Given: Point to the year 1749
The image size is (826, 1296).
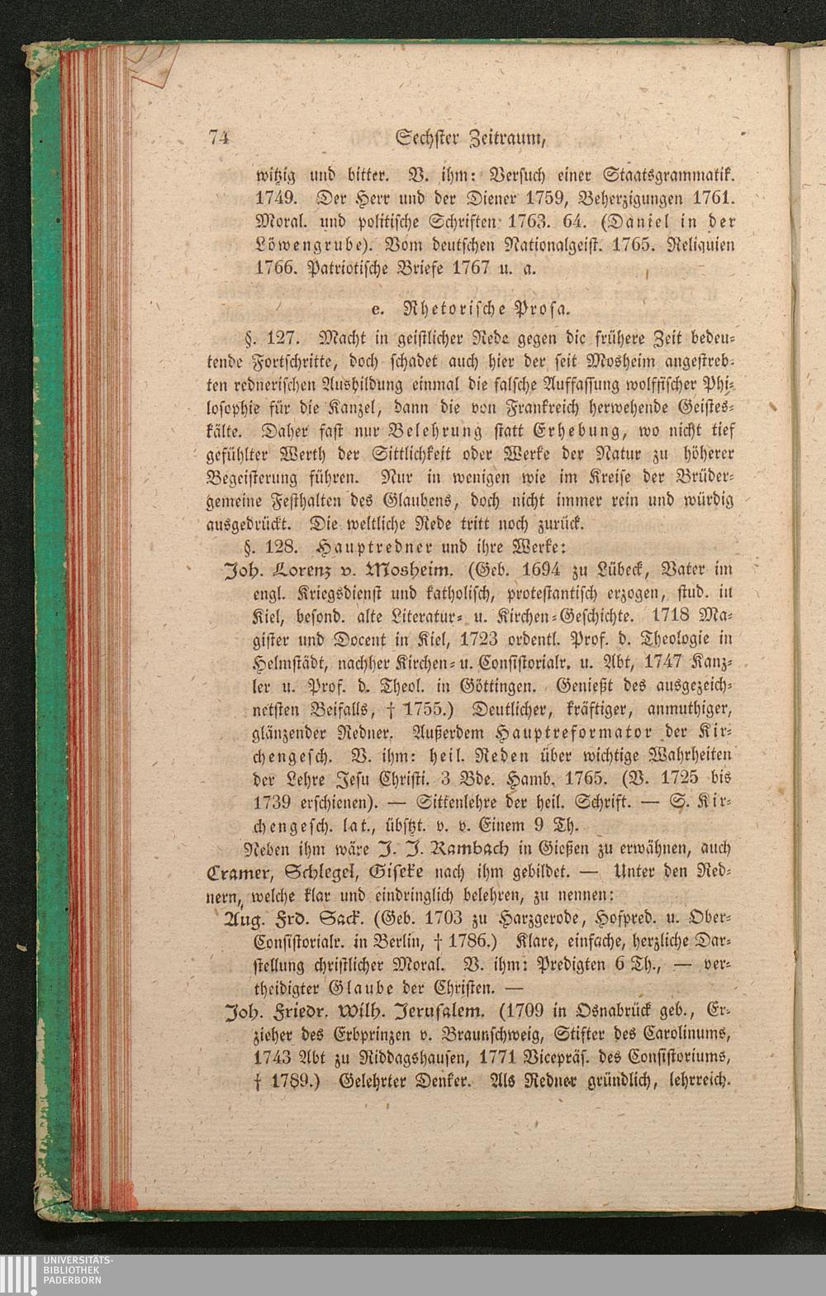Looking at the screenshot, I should tap(278, 200).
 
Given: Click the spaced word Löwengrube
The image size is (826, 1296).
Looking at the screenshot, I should tap(319, 246).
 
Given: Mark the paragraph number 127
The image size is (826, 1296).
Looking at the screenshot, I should tap(288, 338).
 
